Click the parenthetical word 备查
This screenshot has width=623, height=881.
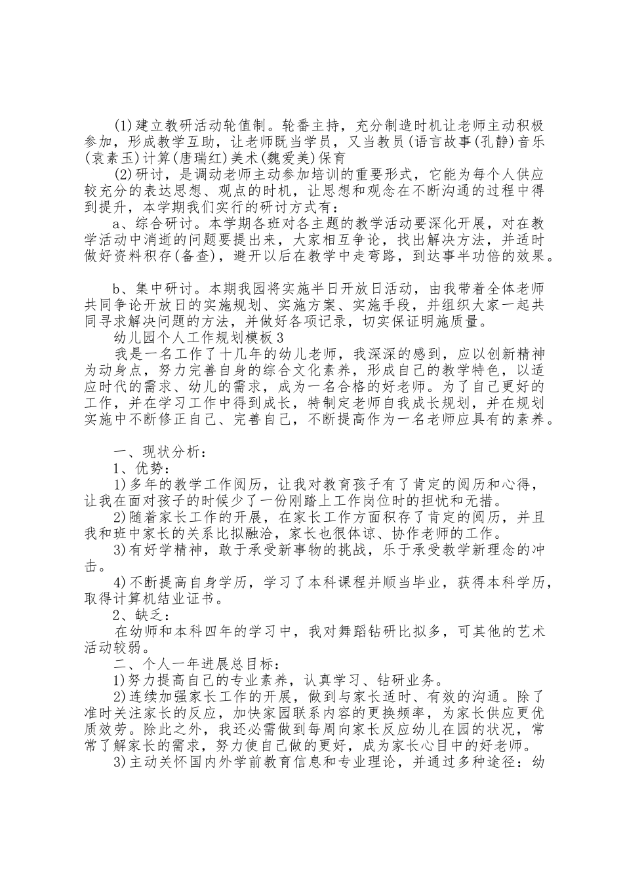[194, 256]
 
